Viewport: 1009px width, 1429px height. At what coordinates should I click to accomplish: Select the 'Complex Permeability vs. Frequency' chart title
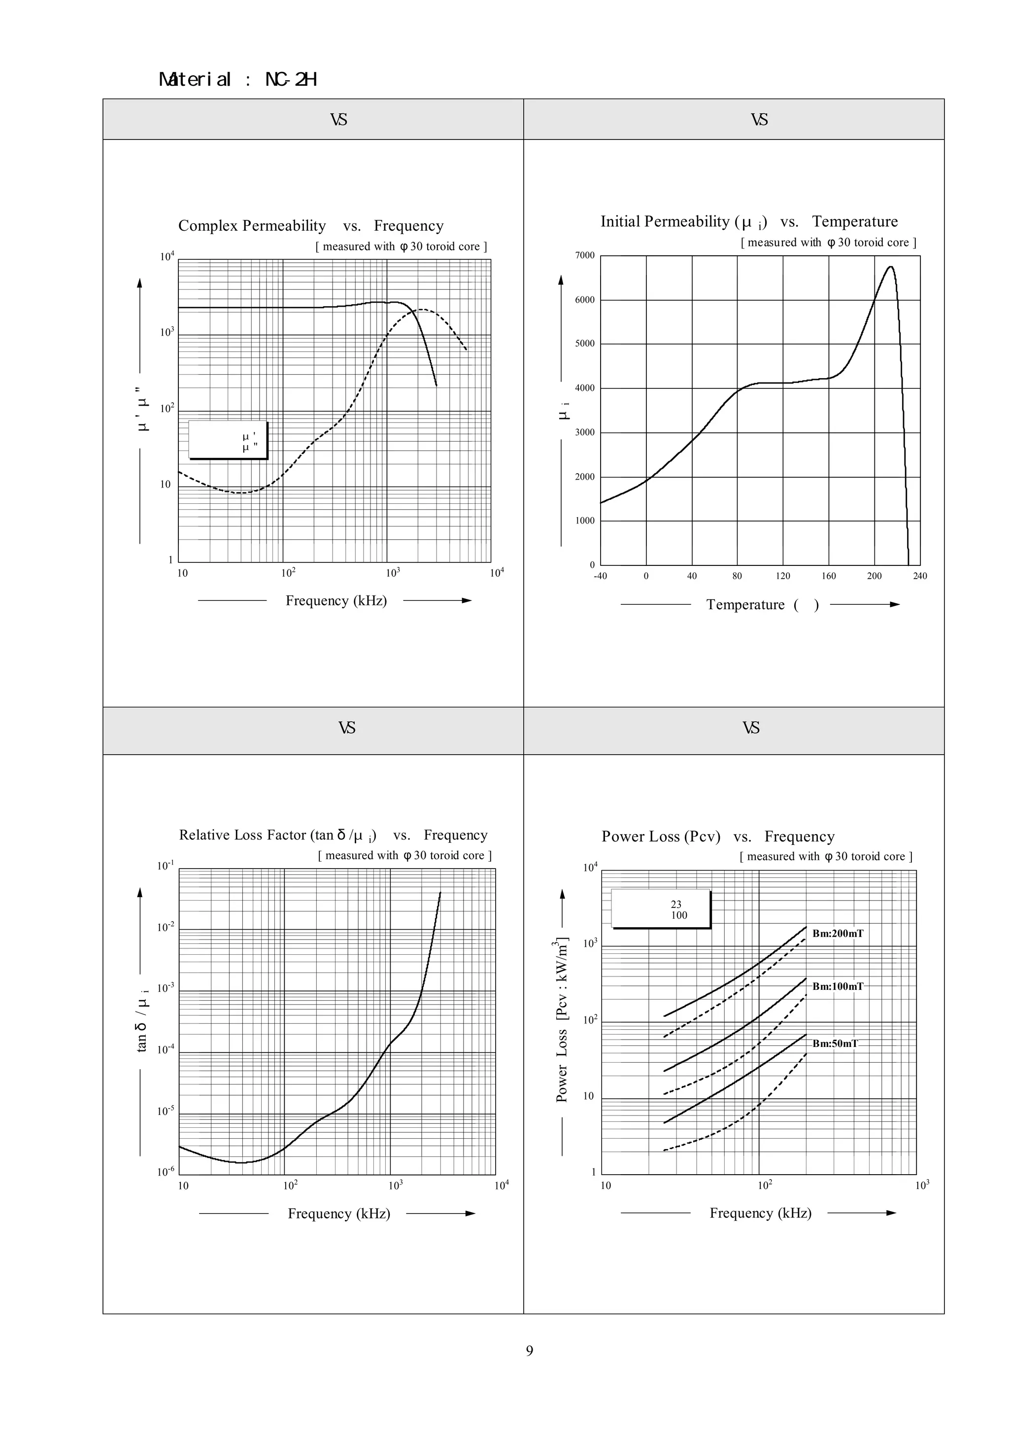(x=310, y=225)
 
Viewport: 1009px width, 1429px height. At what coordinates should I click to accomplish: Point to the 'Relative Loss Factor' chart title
(x=333, y=835)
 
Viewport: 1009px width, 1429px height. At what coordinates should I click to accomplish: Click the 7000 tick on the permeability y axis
(x=585, y=255)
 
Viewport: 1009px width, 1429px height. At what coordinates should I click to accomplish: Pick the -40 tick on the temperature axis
(x=600, y=576)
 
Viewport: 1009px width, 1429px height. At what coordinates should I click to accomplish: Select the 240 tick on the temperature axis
(x=919, y=576)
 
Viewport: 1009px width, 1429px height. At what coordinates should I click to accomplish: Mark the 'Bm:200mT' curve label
(x=838, y=933)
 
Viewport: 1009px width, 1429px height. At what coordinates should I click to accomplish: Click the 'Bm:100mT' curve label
(x=838, y=986)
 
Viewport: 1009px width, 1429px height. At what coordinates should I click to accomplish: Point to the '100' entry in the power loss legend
(x=679, y=915)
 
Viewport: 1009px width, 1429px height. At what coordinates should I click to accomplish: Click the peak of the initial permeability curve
(x=891, y=267)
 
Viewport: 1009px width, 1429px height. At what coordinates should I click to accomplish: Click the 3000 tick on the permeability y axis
(x=585, y=432)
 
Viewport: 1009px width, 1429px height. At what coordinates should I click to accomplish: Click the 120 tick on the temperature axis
(x=782, y=576)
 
